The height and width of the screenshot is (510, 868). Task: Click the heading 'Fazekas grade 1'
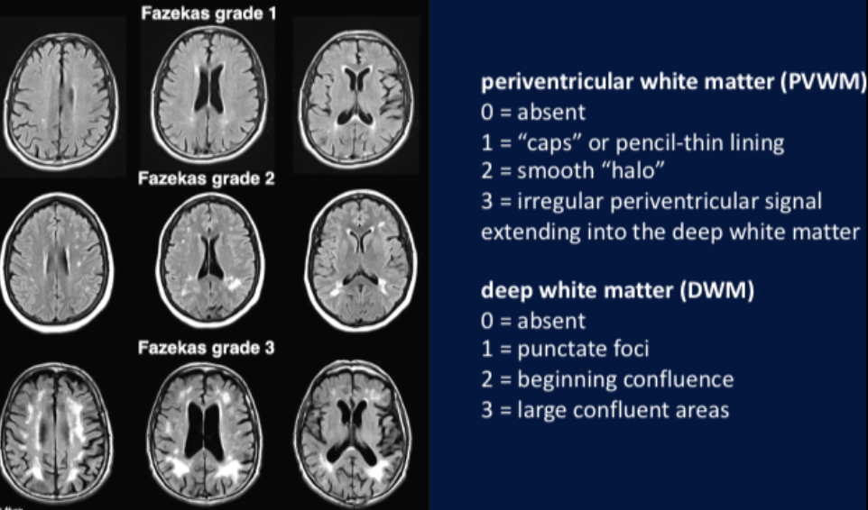pyautogui.click(x=208, y=14)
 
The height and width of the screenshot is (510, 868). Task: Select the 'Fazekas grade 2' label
pyautogui.click(x=206, y=178)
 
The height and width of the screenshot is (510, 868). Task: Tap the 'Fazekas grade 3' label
pyautogui.click(x=206, y=348)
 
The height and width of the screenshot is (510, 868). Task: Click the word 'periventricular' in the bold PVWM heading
pyautogui.click(x=558, y=82)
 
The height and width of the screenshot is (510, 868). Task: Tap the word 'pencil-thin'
pyautogui.click(x=662, y=143)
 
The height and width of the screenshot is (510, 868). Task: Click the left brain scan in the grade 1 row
pyautogui.click(x=60, y=101)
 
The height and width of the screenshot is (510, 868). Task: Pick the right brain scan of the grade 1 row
pyautogui.click(x=356, y=99)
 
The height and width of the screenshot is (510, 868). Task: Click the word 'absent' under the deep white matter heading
pyautogui.click(x=550, y=321)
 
